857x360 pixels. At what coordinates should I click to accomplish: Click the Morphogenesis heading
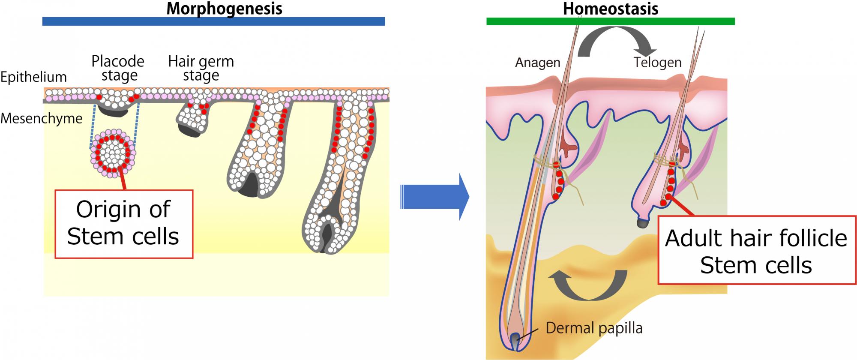pyautogui.click(x=224, y=8)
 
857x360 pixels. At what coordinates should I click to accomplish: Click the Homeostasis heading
pyautogui.click(x=610, y=8)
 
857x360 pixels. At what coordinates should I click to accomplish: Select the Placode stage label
pyautogui.click(x=118, y=68)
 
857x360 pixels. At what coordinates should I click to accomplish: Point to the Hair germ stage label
pyautogui.click(x=201, y=68)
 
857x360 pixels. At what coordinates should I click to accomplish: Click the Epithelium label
pyautogui.click(x=33, y=77)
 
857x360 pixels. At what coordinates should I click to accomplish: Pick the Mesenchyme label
pyautogui.click(x=41, y=118)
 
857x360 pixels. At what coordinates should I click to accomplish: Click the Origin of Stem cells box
pyautogui.click(x=124, y=224)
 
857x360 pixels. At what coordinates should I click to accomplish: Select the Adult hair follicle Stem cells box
pyautogui.click(x=756, y=251)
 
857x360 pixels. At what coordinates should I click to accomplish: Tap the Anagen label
pyautogui.click(x=537, y=63)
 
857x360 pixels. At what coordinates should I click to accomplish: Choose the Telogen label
pyautogui.click(x=657, y=63)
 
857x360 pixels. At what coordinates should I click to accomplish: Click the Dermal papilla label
pyautogui.click(x=594, y=328)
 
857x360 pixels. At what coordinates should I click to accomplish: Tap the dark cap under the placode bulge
pyautogui.click(x=113, y=111)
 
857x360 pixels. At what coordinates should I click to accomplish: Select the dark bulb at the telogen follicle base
pyautogui.click(x=641, y=223)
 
